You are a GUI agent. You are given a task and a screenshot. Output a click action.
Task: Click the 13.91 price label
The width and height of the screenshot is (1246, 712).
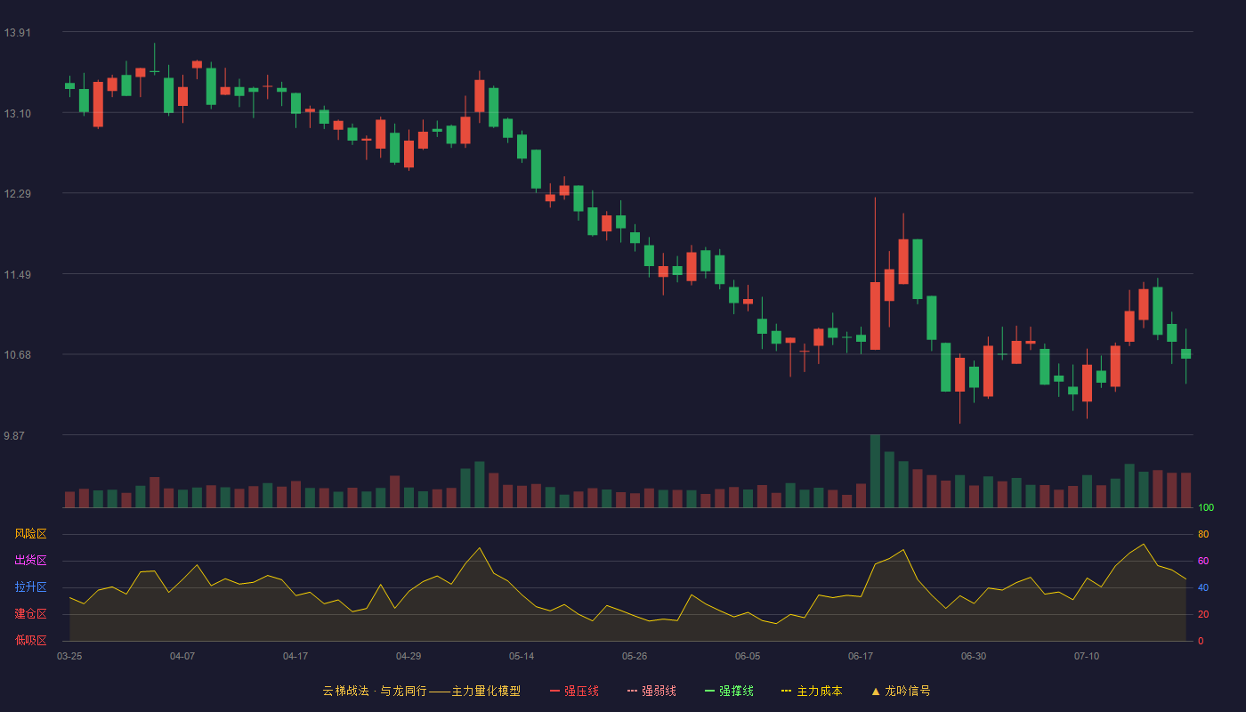pyautogui.click(x=17, y=33)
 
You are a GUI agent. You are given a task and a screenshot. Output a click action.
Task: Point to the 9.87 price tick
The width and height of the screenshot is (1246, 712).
pyautogui.click(x=14, y=435)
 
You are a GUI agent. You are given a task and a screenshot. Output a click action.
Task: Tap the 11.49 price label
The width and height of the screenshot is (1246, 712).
pyautogui.click(x=17, y=275)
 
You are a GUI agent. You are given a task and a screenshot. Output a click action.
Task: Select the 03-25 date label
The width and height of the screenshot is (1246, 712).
pyautogui.click(x=69, y=657)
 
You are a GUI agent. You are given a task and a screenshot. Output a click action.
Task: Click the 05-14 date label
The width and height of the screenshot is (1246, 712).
pyautogui.click(x=522, y=657)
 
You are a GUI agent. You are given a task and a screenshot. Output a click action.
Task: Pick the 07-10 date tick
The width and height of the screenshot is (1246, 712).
pyautogui.click(x=1087, y=657)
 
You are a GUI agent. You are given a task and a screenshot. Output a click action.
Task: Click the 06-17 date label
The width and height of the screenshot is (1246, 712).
pyautogui.click(x=861, y=657)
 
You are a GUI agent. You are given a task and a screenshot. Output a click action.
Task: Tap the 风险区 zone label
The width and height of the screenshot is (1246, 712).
pyautogui.click(x=30, y=534)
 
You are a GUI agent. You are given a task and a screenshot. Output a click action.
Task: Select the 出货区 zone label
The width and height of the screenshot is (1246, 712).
pyautogui.click(x=30, y=560)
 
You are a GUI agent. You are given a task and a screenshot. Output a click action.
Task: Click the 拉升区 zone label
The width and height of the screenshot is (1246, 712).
pyautogui.click(x=30, y=587)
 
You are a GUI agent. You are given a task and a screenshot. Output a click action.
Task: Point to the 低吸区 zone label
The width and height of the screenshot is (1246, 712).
pyautogui.click(x=30, y=640)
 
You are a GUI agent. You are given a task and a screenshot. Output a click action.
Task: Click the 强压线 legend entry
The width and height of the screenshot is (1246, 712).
pyautogui.click(x=574, y=691)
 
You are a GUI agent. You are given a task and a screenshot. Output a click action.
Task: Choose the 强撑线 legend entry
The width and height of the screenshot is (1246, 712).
pyautogui.click(x=729, y=691)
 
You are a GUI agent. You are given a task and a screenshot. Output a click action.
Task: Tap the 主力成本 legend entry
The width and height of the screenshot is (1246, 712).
pyautogui.click(x=812, y=691)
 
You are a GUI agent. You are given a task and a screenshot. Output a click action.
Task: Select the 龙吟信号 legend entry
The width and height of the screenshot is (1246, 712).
pyautogui.click(x=901, y=691)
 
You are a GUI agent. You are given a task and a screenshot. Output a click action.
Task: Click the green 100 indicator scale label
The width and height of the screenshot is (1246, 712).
pyautogui.click(x=1206, y=507)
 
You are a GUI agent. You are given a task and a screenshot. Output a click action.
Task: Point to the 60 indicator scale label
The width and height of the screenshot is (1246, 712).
pyautogui.click(x=1203, y=561)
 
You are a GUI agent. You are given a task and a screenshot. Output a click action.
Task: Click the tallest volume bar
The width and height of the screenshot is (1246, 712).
pyautogui.click(x=875, y=471)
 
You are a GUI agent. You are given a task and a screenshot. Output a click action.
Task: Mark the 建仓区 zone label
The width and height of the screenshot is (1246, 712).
pyautogui.click(x=30, y=613)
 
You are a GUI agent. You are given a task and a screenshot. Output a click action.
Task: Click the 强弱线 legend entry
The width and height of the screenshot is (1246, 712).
pyautogui.click(x=651, y=691)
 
